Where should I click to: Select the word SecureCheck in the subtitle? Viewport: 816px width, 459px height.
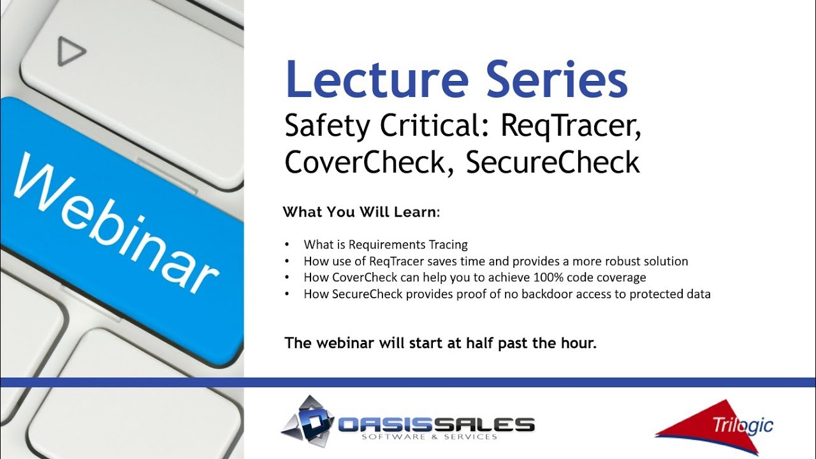(x=553, y=162)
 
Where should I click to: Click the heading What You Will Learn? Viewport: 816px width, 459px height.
(x=361, y=212)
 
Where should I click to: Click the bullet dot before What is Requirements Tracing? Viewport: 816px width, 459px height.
(x=288, y=245)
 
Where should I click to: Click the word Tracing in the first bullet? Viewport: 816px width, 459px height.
(x=448, y=245)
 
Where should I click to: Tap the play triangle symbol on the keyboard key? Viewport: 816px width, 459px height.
(x=70, y=51)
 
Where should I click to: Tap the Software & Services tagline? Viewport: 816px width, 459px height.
(x=429, y=437)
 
